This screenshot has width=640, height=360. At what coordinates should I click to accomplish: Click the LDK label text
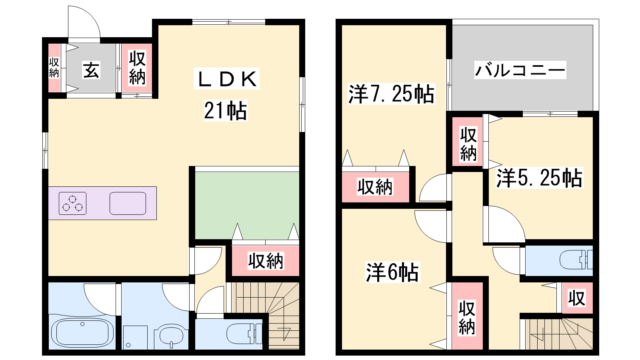click(226, 79)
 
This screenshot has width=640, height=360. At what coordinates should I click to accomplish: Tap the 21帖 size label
click(226, 111)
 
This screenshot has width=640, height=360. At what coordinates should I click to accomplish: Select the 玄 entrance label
click(92, 70)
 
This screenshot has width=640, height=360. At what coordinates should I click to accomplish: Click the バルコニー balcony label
click(520, 70)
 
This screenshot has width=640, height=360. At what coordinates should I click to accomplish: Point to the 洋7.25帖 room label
click(391, 94)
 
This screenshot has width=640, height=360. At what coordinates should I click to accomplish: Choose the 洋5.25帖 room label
click(540, 178)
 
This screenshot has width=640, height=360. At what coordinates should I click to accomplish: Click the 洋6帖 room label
click(392, 272)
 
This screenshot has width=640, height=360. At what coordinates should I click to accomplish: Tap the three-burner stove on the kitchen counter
click(72, 204)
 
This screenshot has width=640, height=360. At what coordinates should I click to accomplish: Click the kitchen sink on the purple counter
click(128, 204)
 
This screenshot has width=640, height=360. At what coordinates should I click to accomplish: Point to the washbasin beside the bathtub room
click(171, 336)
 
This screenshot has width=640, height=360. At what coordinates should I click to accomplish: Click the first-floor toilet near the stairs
click(244, 334)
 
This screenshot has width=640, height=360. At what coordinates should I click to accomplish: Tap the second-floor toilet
click(576, 260)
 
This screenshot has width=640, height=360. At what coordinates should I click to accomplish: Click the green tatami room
click(247, 205)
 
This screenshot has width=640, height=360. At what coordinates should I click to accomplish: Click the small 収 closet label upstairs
click(576, 298)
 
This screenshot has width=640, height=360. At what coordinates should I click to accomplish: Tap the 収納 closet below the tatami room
click(266, 260)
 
